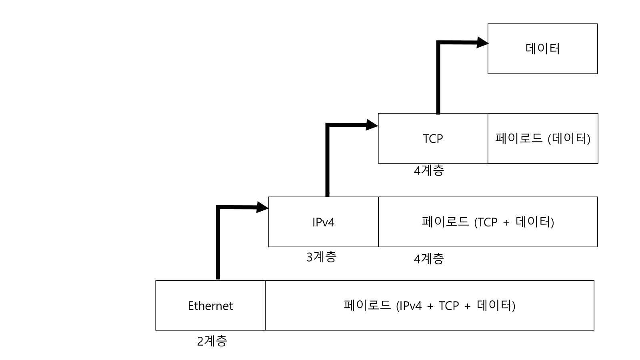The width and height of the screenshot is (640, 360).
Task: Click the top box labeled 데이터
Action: tap(542, 49)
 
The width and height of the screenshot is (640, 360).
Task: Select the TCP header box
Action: tap(433, 138)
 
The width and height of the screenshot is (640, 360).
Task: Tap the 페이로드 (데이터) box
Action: tap(543, 138)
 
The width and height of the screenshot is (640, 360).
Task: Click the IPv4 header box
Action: tap(323, 222)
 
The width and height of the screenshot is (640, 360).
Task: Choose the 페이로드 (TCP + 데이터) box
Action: tap(488, 222)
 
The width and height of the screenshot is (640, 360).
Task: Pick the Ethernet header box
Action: tap(210, 306)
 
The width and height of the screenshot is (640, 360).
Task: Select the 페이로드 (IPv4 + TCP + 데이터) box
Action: tap(430, 306)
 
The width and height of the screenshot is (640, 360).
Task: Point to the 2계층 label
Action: tap(212, 341)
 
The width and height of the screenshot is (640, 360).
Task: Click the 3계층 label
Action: tap(321, 257)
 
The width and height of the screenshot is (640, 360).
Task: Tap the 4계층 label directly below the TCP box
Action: tap(429, 171)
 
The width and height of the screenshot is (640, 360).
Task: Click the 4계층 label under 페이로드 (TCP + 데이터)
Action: tap(429, 259)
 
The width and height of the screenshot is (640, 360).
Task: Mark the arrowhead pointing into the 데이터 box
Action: tap(482, 42)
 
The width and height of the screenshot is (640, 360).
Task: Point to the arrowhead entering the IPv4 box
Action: tap(262, 207)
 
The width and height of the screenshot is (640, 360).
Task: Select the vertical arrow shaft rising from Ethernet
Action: tap(218, 244)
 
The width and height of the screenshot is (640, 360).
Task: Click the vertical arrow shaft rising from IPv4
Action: tap(328, 160)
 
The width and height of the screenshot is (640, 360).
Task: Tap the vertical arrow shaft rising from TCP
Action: tap(438, 78)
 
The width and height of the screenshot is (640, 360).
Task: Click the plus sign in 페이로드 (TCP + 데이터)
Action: tap(506, 223)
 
